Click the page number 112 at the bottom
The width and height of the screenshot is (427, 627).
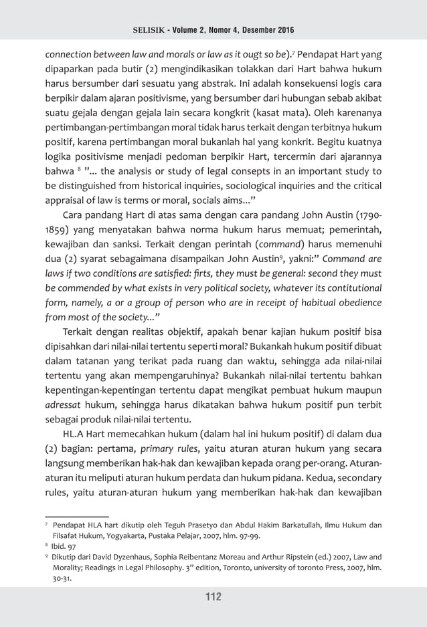tap(213, 597)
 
